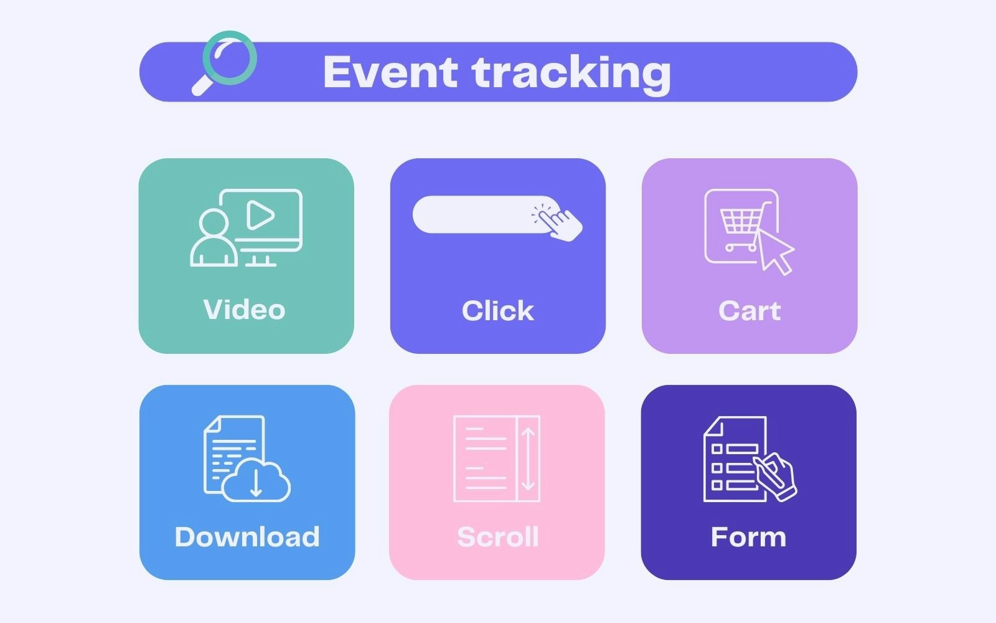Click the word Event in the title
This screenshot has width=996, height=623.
click(x=390, y=72)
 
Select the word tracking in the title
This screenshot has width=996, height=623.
click(x=571, y=74)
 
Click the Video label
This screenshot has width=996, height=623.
click(x=244, y=309)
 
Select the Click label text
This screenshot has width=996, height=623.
click(x=497, y=310)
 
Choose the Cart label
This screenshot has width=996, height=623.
click(x=749, y=310)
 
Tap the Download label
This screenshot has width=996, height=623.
click(x=247, y=536)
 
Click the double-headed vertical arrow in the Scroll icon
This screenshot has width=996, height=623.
click(x=528, y=459)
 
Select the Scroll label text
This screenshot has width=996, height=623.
click(x=497, y=536)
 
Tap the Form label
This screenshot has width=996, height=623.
click(x=748, y=536)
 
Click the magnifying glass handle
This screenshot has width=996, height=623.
click(x=203, y=85)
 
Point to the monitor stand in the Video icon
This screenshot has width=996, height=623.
click(x=260, y=261)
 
